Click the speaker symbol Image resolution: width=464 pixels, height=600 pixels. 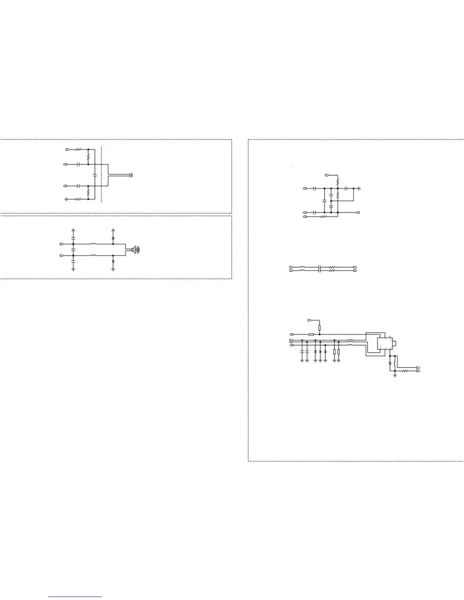[x=135, y=250]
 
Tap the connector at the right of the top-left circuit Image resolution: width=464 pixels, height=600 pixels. [x=131, y=175]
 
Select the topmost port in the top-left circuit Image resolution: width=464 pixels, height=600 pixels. [x=67, y=150]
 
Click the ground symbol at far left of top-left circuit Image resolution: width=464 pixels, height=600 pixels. [x=66, y=199]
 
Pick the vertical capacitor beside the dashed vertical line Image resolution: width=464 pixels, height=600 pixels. [x=95, y=175]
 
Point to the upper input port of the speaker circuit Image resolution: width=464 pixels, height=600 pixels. [x=61, y=244]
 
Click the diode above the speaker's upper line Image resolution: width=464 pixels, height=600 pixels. [x=113, y=238]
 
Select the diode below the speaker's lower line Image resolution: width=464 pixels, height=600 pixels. [x=113, y=262]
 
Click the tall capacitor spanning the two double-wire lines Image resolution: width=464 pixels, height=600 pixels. [x=320, y=269]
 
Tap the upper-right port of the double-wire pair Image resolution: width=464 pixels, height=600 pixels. [x=355, y=267]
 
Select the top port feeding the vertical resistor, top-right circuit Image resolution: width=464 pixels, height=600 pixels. [x=328, y=175]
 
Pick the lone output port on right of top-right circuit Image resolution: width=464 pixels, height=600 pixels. [x=358, y=212]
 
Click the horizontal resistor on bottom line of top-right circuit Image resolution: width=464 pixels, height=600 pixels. [x=324, y=217]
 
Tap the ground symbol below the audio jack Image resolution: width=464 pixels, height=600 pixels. [x=395, y=375]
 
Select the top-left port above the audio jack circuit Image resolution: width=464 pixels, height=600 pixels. [x=309, y=320]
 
